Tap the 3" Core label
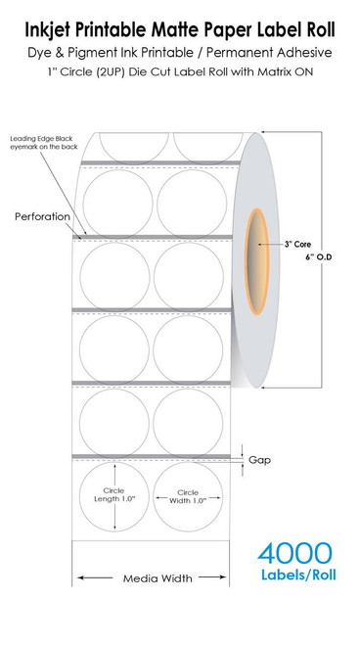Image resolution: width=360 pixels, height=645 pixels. click(297, 243)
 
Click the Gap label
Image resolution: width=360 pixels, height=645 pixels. click(259, 458)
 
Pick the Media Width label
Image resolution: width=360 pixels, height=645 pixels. click(154, 577)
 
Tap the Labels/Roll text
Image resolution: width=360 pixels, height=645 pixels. click(297, 576)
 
